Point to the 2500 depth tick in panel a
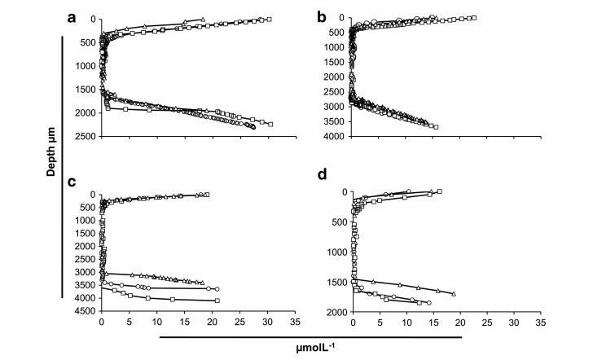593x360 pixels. click(x=86, y=136)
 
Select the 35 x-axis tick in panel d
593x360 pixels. click(x=541, y=323)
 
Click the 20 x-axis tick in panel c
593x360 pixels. click(x=212, y=322)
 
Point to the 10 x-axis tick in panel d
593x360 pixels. click(x=406, y=323)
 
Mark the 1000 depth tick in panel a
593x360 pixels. click(x=86, y=66)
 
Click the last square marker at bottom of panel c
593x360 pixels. click(x=217, y=301)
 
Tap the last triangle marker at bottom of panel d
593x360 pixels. click(x=454, y=294)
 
